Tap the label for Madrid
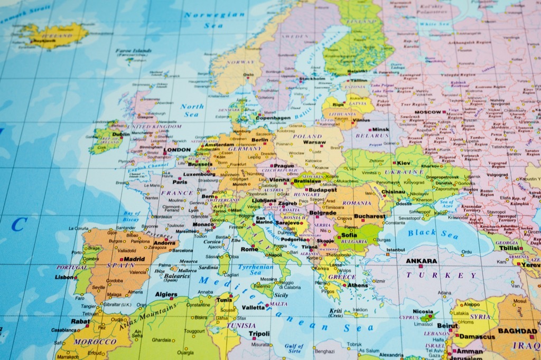pos(134,259)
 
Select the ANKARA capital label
pos(422,261)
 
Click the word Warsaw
pos(314,143)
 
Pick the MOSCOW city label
pos(428,112)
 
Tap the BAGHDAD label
pos(518,331)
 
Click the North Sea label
pos(192,110)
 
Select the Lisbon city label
pos(64,277)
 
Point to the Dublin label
pos(120,135)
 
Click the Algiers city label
pos(166,294)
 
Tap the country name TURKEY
pos(441,276)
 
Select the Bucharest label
pos(370,216)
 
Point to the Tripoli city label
pos(259,334)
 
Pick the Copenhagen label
pos(273,118)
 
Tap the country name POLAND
pos(307,136)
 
